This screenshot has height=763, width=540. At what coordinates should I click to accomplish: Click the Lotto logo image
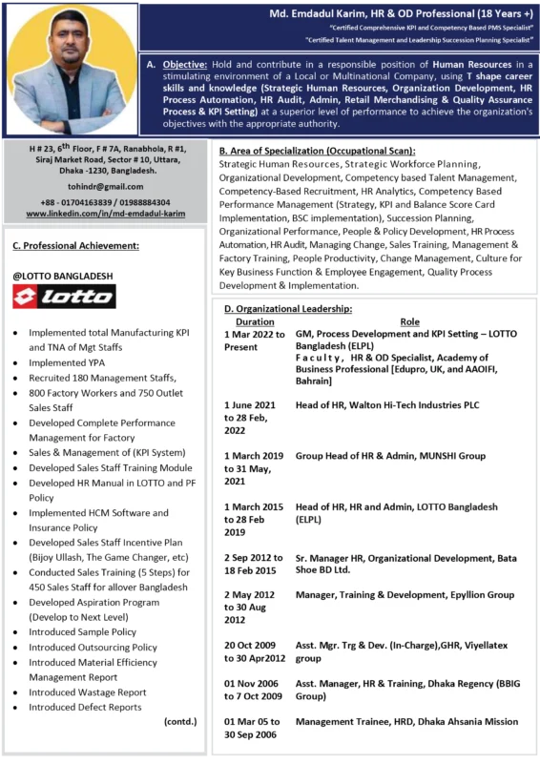(64, 296)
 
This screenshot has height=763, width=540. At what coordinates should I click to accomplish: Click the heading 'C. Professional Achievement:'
(75, 245)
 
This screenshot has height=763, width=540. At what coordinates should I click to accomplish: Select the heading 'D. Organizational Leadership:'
(287, 309)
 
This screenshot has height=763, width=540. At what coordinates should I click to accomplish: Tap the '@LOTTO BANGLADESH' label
(62, 276)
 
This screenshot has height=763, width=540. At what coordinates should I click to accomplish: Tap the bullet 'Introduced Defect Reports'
(85, 707)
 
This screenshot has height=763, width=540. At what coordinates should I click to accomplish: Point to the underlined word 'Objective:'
(188, 62)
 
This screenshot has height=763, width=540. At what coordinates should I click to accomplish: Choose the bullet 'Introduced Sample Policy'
(82, 631)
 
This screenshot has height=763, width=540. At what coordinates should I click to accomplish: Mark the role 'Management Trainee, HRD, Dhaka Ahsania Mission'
(406, 722)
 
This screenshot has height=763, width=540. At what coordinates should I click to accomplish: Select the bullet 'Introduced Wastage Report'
(87, 691)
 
